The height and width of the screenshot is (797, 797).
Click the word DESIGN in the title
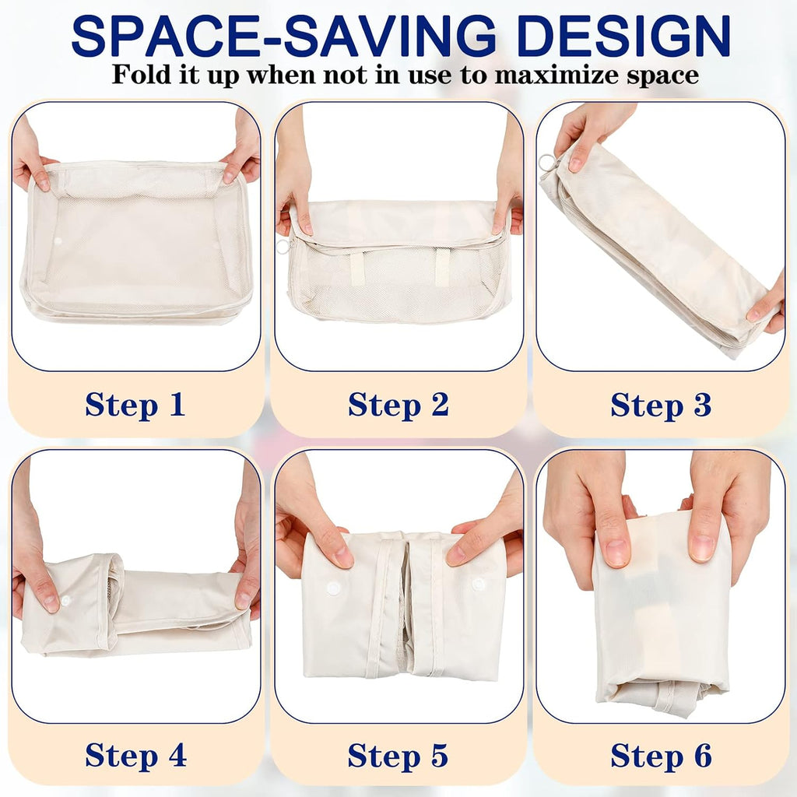pyautogui.click(x=623, y=36)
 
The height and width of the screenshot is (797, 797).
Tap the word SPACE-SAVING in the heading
pyautogui.click(x=283, y=36)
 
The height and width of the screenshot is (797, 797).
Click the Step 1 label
pyautogui.click(x=135, y=405)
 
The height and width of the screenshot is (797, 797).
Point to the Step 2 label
pyautogui.click(x=398, y=405)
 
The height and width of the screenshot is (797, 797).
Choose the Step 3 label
pyautogui.click(x=661, y=405)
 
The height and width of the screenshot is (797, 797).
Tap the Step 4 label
pyautogui.click(x=135, y=755)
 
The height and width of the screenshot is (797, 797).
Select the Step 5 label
pyautogui.click(x=398, y=755)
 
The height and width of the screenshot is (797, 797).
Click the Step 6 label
pyautogui.click(x=662, y=755)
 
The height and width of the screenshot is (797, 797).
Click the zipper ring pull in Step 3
pyautogui.click(x=547, y=163)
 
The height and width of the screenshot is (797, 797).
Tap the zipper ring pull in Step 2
pyautogui.click(x=283, y=247)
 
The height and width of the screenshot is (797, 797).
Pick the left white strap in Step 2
pyautogui.click(x=358, y=267)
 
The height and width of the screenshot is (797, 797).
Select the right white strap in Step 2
pyautogui.click(x=442, y=266)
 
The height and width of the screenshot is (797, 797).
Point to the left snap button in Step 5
pyautogui.click(x=333, y=588)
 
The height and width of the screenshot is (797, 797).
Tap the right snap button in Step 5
pyautogui.click(x=477, y=584)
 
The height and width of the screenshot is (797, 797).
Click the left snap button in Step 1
pyautogui.click(x=58, y=241)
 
